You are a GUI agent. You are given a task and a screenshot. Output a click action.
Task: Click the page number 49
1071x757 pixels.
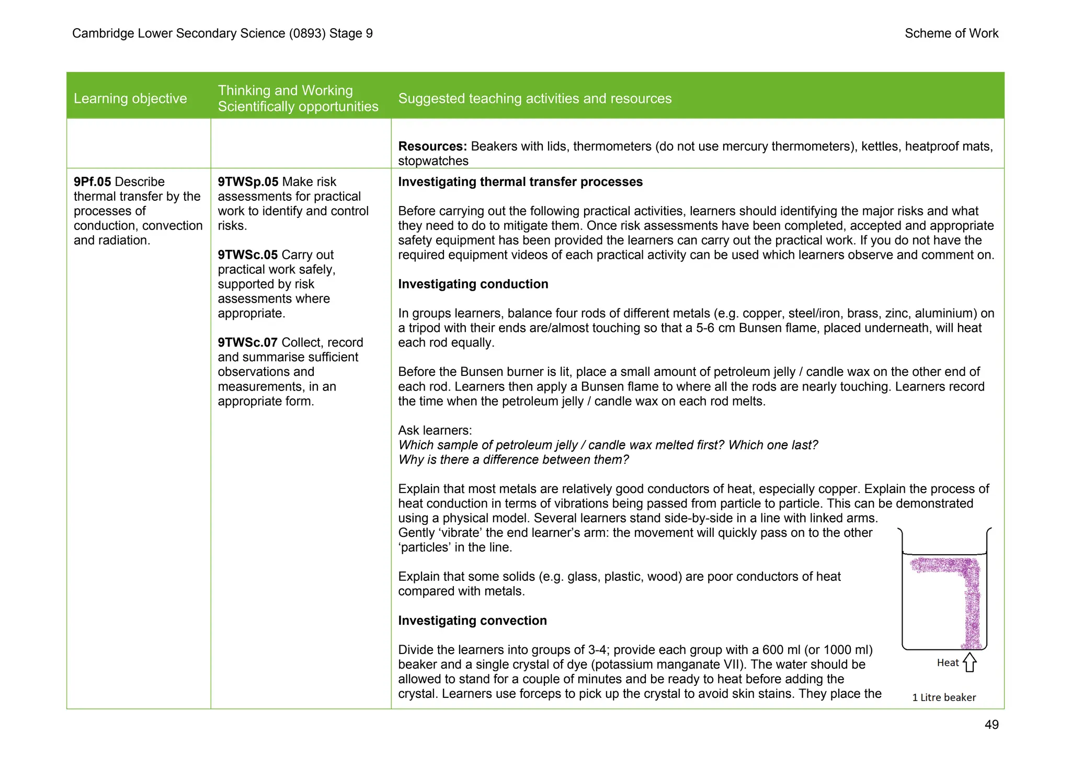[x=991, y=725]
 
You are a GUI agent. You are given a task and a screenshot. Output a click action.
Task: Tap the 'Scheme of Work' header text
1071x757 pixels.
[x=951, y=33]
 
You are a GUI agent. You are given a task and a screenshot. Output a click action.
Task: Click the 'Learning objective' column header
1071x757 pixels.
[x=130, y=98]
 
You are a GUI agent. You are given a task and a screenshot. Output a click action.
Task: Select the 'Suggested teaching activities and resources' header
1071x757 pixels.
[x=534, y=98]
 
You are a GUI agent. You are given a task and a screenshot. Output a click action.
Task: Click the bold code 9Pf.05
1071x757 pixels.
[x=92, y=182]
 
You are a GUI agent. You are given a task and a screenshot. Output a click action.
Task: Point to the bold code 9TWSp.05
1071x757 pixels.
[x=248, y=182]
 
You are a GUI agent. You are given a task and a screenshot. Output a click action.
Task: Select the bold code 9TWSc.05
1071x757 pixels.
[x=247, y=255]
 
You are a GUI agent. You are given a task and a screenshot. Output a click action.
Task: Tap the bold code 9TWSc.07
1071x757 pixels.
[x=247, y=343]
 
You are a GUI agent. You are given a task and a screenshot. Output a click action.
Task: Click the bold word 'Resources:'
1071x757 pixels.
[x=432, y=146]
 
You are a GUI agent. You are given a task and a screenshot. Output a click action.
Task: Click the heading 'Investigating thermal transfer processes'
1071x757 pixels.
[x=520, y=182]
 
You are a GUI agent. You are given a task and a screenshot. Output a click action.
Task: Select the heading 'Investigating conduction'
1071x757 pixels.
[x=473, y=284]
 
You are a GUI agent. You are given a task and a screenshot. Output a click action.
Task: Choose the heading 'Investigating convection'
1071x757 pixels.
[x=472, y=621]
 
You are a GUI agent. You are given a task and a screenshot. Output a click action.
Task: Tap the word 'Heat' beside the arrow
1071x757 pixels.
[x=948, y=663]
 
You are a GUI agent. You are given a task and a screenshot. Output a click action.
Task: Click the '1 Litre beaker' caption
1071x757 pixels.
[x=944, y=697]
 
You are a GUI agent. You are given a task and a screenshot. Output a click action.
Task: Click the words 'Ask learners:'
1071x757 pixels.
[x=435, y=431]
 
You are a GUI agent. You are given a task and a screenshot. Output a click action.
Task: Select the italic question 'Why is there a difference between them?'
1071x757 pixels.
[x=513, y=460]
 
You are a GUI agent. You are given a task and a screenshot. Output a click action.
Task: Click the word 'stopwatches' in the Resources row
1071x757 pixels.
[x=433, y=161]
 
